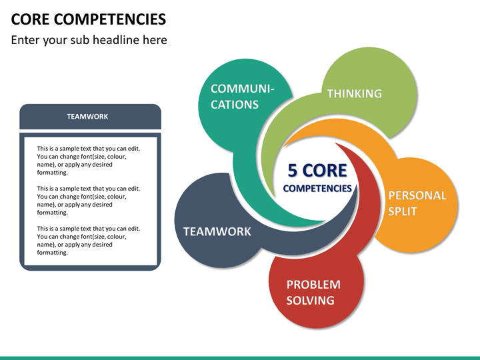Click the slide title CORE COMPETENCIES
pyautogui.click(x=89, y=19)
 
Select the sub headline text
pyautogui.click(x=89, y=40)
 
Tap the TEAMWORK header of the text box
pyautogui.click(x=87, y=117)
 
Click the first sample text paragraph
pyautogui.click(x=89, y=161)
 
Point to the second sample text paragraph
pyautogui.click(x=89, y=201)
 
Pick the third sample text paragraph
pyautogui.click(x=89, y=241)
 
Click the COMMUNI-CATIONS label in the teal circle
pyautogui.click(x=242, y=97)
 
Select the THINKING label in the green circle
pyautogui.click(x=355, y=93)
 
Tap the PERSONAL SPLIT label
pyautogui.click(x=417, y=203)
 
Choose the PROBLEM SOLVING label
pyautogui.click(x=313, y=293)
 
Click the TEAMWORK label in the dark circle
pyautogui.click(x=217, y=231)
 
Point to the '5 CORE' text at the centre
pyautogui.click(x=317, y=171)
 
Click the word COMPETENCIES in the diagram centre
pyautogui.click(x=317, y=188)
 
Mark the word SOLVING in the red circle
pyautogui.click(x=310, y=300)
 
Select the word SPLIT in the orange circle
pyautogui.click(x=403, y=211)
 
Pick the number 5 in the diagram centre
pyautogui.click(x=293, y=171)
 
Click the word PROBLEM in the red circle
pyautogui.click(x=313, y=285)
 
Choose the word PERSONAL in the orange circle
pyautogui.click(x=417, y=195)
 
